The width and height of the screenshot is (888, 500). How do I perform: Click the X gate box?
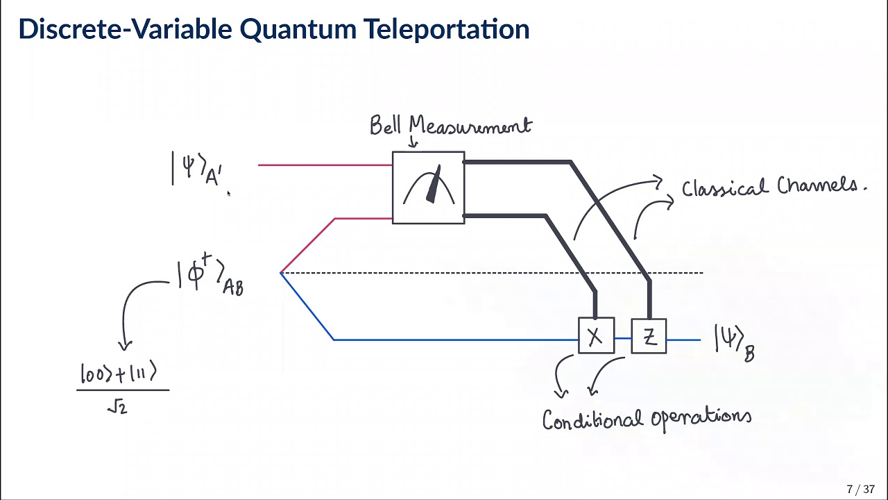coord(596,337)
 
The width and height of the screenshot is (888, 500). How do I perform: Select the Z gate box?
coord(649,337)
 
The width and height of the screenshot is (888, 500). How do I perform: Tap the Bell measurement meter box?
coord(428,187)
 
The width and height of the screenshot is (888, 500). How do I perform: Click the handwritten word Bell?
coord(386,126)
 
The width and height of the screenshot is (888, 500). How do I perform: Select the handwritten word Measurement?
coord(470,126)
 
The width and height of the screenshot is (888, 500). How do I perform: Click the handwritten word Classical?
coord(725,187)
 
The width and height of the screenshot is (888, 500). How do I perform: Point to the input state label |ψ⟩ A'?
coord(197,169)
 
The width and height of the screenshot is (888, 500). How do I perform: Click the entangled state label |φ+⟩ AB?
coord(210,276)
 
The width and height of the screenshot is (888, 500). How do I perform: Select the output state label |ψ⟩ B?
coord(734,344)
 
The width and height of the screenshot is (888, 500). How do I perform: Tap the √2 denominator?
coord(118,407)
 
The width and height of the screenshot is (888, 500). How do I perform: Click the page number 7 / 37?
coord(860,490)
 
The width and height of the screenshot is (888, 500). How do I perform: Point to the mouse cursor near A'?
coord(228,194)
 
